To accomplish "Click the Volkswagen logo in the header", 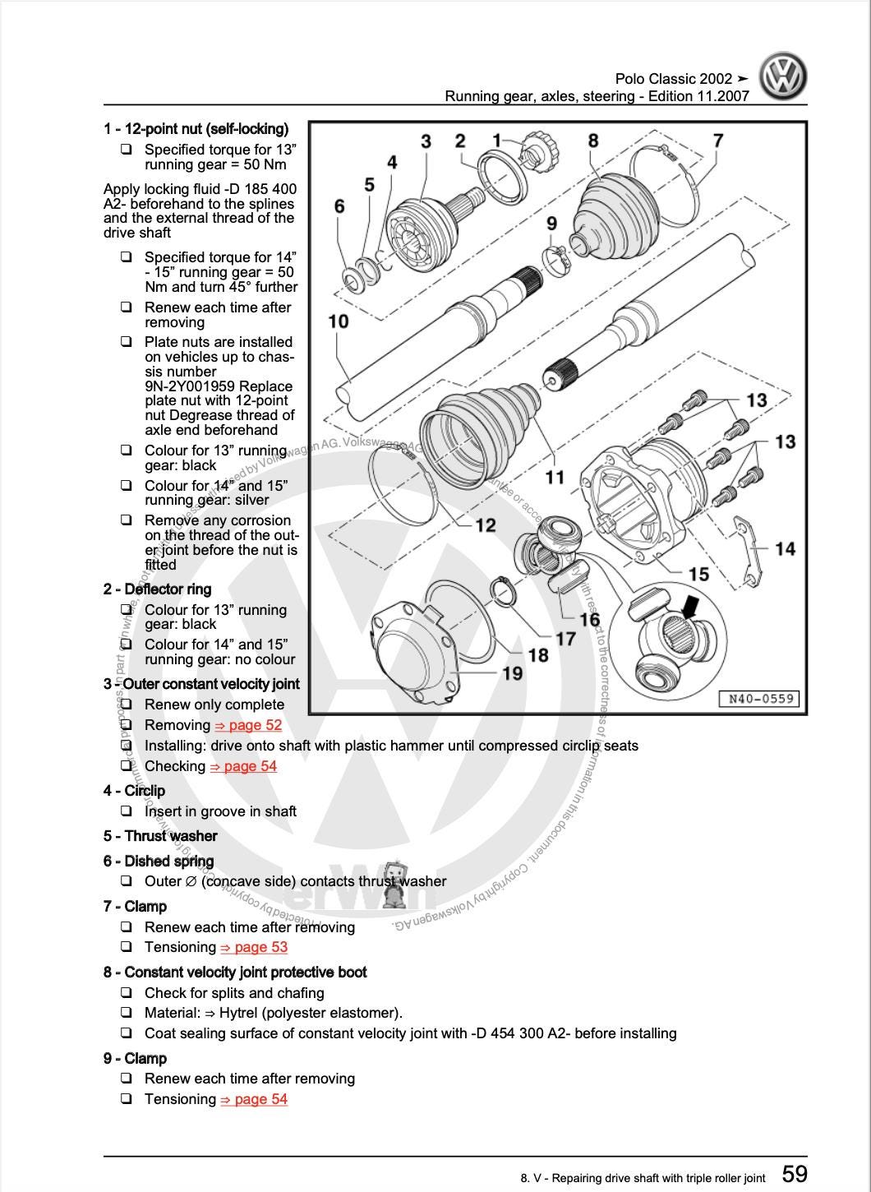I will click(782, 76).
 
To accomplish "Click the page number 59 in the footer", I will click(794, 1173).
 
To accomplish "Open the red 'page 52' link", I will click(248, 725).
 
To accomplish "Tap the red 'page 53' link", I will click(254, 947).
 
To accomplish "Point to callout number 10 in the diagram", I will click(339, 321).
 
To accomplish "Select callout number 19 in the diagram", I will click(512, 673).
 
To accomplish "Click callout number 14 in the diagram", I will click(785, 547).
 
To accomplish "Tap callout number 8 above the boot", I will click(593, 141).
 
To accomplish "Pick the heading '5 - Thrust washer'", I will click(160, 836).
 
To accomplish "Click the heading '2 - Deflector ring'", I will click(157, 589).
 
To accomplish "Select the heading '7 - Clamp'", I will click(135, 907).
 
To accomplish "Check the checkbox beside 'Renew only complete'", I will click(127, 705).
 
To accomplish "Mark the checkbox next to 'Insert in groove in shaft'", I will click(127, 811).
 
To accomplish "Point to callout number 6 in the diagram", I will click(339, 206).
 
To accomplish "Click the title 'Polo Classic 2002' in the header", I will click(674, 79).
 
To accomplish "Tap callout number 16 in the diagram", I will click(589, 619).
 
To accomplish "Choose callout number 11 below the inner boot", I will click(555, 477).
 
